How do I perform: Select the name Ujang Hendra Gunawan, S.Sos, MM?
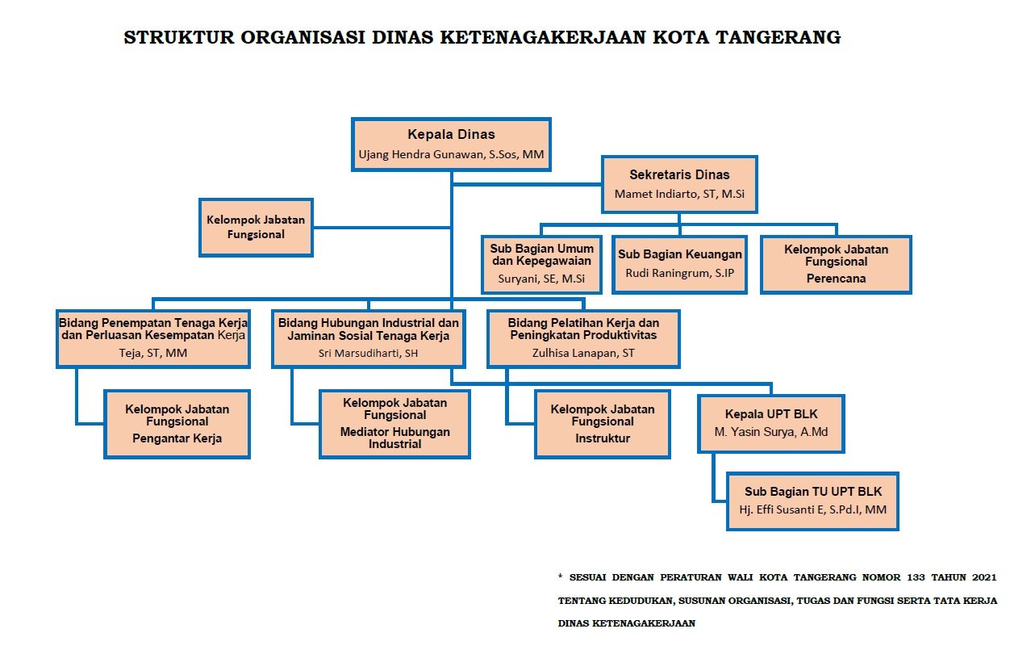tap(451, 153)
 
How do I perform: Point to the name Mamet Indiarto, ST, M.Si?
tap(679, 194)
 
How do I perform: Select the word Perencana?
tap(836, 279)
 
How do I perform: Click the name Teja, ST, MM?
tap(152, 352)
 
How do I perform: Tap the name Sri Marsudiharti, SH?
tap(368, 352)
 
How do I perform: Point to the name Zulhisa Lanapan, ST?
tap(583, 352)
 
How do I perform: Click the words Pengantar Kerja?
tap(177, 438)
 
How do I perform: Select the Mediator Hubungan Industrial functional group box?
tap(394, 424)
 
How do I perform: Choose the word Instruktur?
tap(603, 438)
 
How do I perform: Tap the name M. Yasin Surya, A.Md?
tap(771, 432)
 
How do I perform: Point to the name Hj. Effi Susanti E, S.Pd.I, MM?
tap(812, 510)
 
